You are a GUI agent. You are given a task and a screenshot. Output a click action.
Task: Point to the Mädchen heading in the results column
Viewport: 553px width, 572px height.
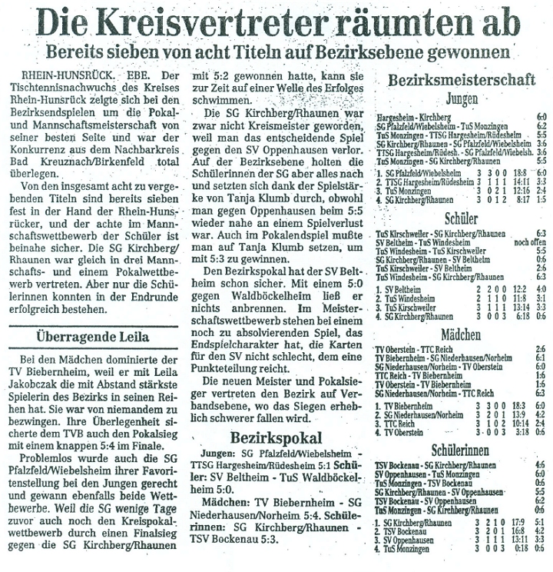coord(460,336)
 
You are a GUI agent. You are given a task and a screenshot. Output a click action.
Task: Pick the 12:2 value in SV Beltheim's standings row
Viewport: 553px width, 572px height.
coord(497,288)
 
